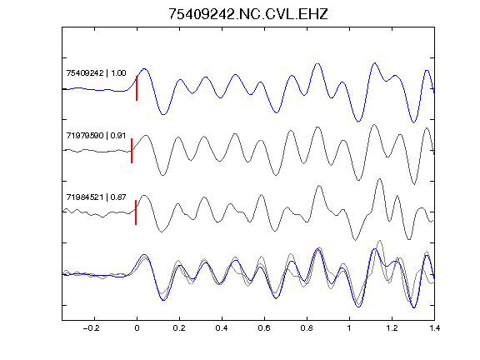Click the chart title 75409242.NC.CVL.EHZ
pyautogui.click(x=248, y=14)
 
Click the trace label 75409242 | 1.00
pyautogui.click(x=96, y=72)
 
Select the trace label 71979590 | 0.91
pyautogui.click(x=96, y=135)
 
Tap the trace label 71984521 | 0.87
pyautogui.click(x=96, y=197)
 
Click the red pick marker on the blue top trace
pyautogui.click(x=137, y=88)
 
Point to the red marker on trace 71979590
pyautogui.click(x=132, y=151)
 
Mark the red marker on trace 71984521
pyautogui.click(x=136, y=212)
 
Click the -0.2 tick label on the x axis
pyautogui.click(x=92, y=328)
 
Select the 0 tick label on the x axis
pyautogui.click(x=137, y=328)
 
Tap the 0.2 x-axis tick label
pyautogui.click(x=179, y=328)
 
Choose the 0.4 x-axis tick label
pyautogui.click(x=222, y=328)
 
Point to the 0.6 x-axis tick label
pyautogui.click(x=264, y=328)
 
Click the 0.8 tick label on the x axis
pyautogui.click(x=307, y=328)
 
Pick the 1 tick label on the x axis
pyautogui.click(x=349, y=328)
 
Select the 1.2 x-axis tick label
pyautogui.click(x=392, y=328)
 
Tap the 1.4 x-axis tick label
pyautogui.click(x=435, y=328)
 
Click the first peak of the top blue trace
pyautogui.click(x=144, y=69)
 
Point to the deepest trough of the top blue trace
pyautogui.click(x=413, y=122)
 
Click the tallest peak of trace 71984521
pyautogui.click(x=380, y=179)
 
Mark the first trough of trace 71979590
pyautogui.click(x=162, y=175)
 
